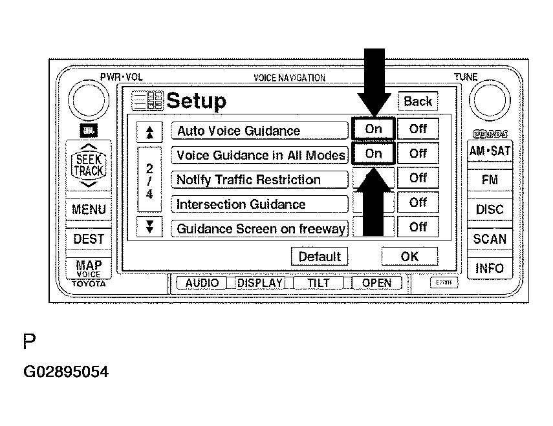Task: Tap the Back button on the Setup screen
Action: click(x=417, y=101)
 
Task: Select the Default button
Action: click(x=319, y=257)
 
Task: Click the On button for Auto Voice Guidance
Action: click(x=373, y=129)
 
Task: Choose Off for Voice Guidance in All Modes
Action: click(x=418, y=154)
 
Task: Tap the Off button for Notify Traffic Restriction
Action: click(x=418, y=178)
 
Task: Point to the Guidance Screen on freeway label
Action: click(x=259, y=229)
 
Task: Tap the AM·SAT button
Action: click(x=490, y=152)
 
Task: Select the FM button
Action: click(x=490, y=180)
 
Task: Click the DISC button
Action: click(x=490, y=209)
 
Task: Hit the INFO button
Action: click(x=490, y=268)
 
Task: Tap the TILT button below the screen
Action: click(x=319, y=283)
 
